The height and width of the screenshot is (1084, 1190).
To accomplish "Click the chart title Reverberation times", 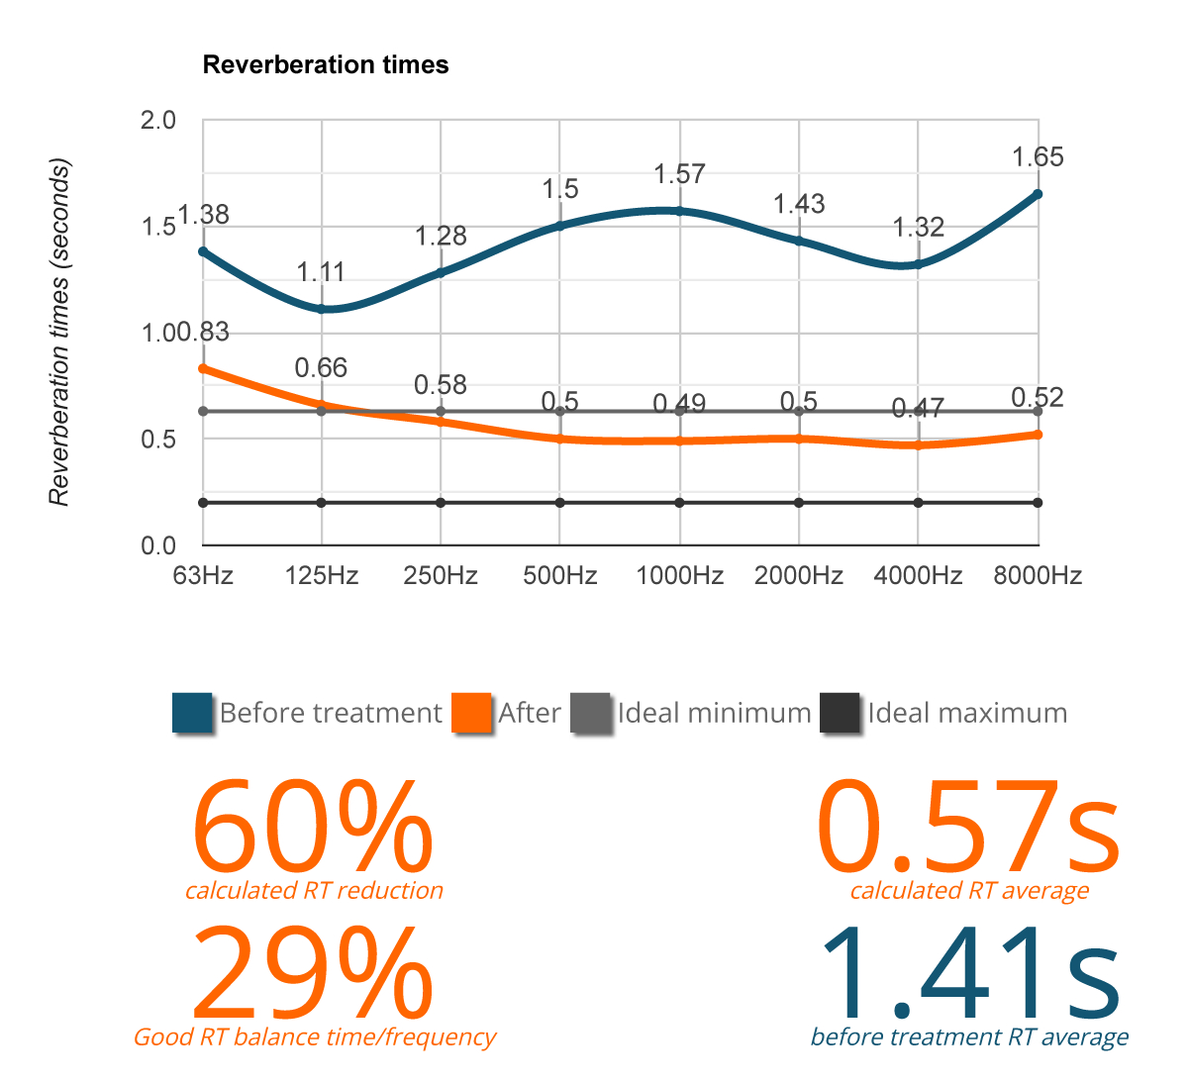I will [x=326, y=65].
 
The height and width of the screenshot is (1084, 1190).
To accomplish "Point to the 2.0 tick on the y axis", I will [x=158, y=121].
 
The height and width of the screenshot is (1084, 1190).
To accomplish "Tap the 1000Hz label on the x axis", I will [x=679, y=576].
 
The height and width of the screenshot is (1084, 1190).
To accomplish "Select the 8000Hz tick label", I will [x=1038, y=576].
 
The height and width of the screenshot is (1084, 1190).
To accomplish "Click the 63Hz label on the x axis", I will [x=203, y=576].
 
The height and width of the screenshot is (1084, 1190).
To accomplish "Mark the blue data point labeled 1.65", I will [x=1038, y=194].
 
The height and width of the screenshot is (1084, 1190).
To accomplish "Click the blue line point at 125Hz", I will [x=322, y=309].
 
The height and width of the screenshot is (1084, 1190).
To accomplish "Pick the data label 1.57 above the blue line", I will [x=679, y=175].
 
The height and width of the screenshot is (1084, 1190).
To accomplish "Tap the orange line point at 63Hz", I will [x=203, y=368].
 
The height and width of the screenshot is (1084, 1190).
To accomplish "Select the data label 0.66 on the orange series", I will [x=322, y=368].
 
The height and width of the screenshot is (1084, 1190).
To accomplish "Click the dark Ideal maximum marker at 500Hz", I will [x=560, y=503].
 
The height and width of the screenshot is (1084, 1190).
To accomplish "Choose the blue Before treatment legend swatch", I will [x=192, y=713].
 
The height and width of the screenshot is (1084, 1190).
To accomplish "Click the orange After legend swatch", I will [x=471, y=713].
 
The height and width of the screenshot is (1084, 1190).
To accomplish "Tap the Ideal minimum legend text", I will [x=714, y=713].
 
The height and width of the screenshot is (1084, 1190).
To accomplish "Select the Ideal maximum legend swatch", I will [x=841, y=713].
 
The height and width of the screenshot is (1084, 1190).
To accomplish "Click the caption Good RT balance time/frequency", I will [x=315, y=1037].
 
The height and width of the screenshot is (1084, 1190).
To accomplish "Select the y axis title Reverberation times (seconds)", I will [x=60, y=332].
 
